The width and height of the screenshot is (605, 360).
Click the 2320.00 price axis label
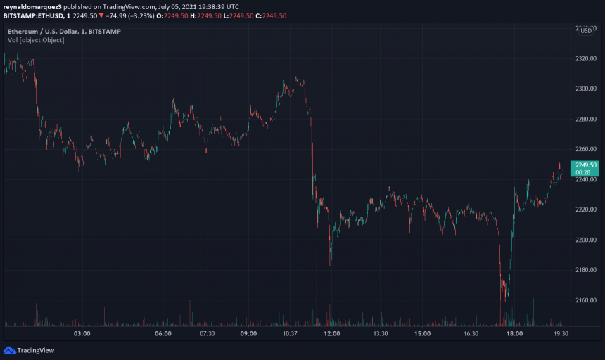click(x=585, y=59)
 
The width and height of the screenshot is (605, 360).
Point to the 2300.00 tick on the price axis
click(x=585, y=89)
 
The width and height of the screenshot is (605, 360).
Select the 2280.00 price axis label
click(x=585, y=120)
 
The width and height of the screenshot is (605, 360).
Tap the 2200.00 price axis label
click(x=585, y=240)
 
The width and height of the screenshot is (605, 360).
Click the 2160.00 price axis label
click(x=585, y=300)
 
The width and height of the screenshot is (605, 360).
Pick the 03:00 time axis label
click(x=82, y=334)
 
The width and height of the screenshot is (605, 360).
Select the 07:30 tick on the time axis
click(x=207, y=334)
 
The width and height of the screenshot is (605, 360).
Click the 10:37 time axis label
click(x=290, y=334)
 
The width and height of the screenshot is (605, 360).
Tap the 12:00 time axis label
click(x=332, y=334)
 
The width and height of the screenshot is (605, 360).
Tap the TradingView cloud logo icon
click(x=9, y=350)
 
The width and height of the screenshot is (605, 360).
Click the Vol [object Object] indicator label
click(x=36, y=40)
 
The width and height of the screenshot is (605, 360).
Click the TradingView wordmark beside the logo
click(x=37, y=350)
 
